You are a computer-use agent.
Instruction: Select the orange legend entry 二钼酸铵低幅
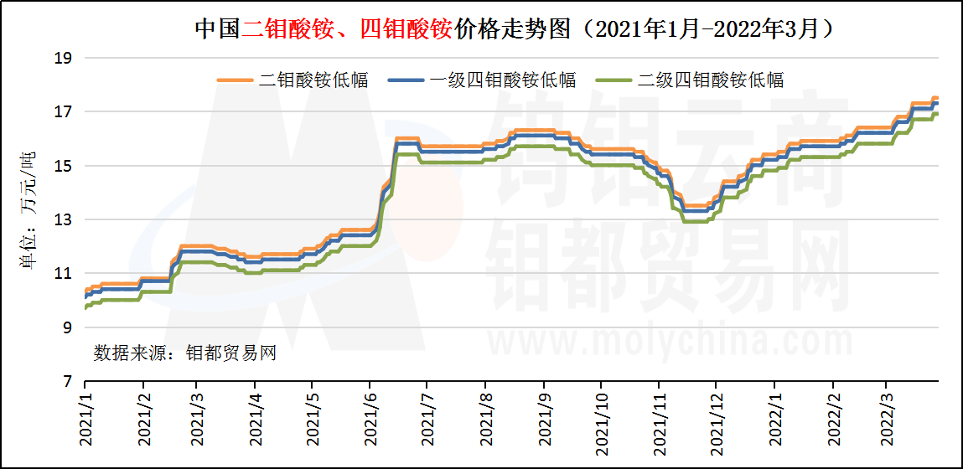tap(293, 80)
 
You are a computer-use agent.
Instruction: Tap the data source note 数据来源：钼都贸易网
tap(185, 353)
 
